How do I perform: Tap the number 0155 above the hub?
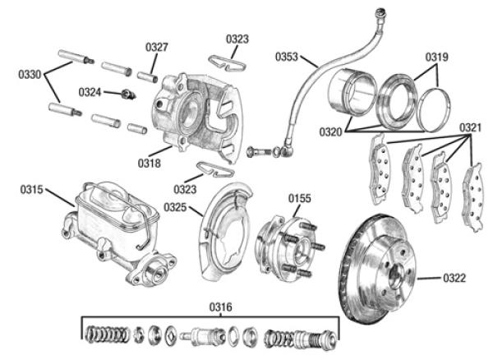tap(299, 198)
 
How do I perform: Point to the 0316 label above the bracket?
tap(220, 307)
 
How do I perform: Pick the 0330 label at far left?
tap(30, 75)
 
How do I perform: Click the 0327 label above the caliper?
tap(157, 48)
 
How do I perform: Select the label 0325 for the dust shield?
tap(176, 206)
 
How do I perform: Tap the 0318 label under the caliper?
tap(150, 163)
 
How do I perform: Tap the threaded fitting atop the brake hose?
tap(380, 15)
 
